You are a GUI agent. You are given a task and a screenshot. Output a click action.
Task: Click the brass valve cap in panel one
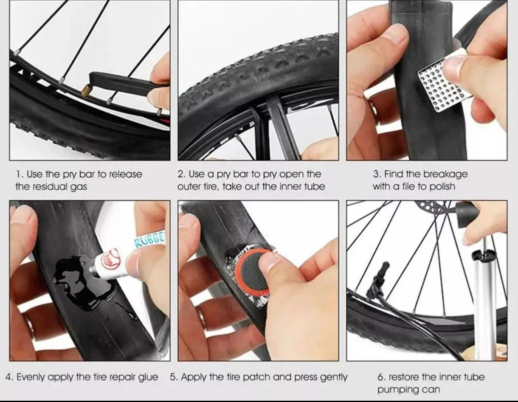tap(87, 90)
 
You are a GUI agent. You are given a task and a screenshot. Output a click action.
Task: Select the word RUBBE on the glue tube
tap(149, 239)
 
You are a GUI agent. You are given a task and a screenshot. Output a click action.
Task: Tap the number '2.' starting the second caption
tap(181, 174)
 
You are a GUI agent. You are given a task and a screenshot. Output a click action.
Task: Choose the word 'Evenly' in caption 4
tap(30, 377)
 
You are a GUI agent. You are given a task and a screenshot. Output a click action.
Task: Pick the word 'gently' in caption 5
tap(333, 377)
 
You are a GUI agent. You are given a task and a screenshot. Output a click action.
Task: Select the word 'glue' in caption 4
tap(147, 377)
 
